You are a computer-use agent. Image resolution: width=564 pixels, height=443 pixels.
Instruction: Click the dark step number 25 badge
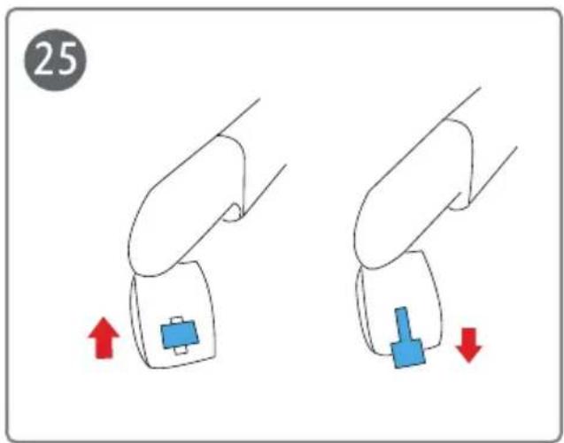56,60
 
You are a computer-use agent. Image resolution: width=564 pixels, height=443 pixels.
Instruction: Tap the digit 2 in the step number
45,58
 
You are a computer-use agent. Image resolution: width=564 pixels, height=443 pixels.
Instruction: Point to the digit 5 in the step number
67,58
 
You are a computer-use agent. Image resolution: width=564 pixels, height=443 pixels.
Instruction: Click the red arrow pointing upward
104,338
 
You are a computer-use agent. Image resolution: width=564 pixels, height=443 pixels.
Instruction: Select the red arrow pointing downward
468,345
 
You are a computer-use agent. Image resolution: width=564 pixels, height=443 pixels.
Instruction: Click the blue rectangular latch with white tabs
180,335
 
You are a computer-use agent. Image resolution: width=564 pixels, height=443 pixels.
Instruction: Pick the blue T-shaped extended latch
407,338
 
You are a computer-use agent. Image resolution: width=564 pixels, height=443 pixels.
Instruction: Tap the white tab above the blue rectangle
177,320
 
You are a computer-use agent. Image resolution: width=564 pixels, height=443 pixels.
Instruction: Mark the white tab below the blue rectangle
181,350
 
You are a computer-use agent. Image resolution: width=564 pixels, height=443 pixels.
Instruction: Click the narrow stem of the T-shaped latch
403,325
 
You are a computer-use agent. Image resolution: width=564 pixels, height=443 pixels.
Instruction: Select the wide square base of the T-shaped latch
408,354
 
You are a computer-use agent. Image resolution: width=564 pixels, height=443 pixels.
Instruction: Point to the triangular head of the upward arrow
104,327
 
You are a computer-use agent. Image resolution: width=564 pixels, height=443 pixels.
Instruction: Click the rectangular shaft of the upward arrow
104,348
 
